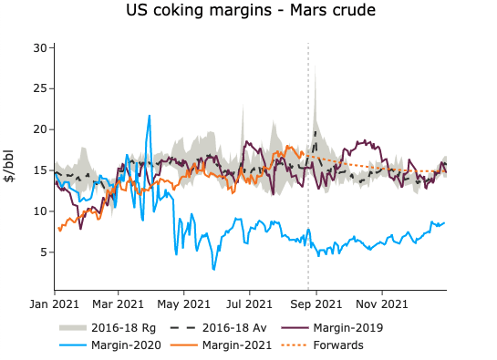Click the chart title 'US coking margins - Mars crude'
point(251,13)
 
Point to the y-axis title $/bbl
point(11,167)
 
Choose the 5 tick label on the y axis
point(43,252)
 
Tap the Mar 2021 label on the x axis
point(119,303)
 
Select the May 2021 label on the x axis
point(184,303)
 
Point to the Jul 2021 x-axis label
point(250,303)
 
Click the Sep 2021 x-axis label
point(316,303)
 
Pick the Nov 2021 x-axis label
point(381,303)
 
